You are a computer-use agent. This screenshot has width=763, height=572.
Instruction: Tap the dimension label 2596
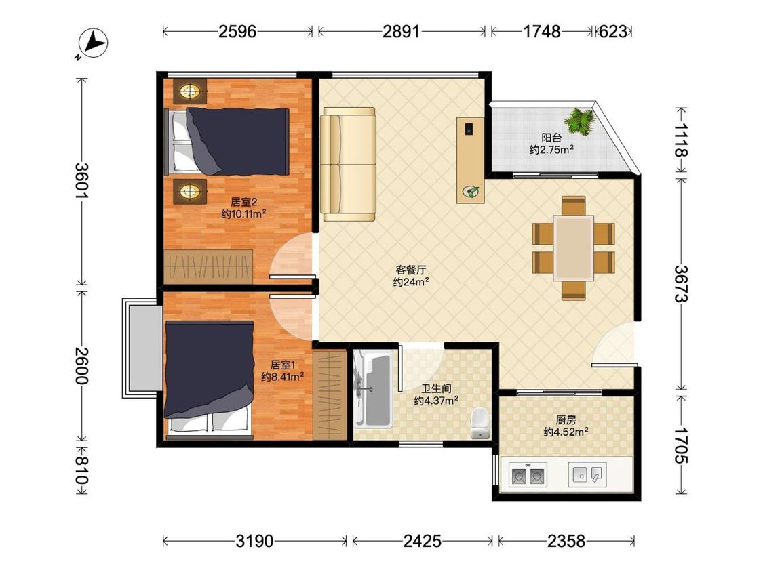[237, 32]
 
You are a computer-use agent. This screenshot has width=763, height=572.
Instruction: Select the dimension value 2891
[401, 32]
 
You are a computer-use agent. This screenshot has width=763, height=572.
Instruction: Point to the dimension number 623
[613, 32]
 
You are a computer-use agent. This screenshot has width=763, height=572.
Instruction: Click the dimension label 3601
[82, 180]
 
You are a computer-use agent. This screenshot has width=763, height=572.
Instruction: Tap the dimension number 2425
[423, 540]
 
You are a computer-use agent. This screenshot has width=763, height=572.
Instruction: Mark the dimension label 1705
[681, 445]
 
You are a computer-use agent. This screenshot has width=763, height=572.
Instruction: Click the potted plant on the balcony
[580, 121]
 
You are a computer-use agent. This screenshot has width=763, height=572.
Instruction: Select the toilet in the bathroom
[481, 424]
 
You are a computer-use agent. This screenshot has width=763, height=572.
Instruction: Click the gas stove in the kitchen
[528, 474]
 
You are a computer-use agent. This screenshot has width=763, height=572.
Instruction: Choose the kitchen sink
[587, 474]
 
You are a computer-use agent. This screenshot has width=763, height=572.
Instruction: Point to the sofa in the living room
[348, 165]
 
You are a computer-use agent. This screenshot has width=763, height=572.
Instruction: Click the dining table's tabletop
[574, 248]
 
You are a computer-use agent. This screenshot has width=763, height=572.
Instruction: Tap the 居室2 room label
[243, 201]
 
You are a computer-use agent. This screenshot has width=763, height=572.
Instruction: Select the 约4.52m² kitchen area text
[566, 432]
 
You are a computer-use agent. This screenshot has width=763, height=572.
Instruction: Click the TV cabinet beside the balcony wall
[471, 159]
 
